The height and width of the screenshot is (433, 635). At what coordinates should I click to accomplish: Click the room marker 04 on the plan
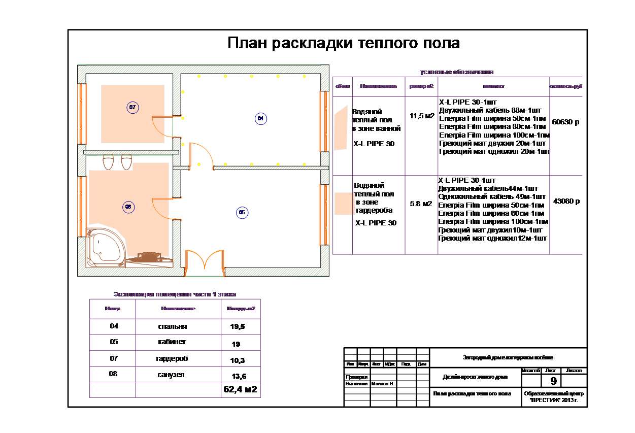(x=260, y=118)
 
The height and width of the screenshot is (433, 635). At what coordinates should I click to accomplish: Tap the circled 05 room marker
(x=242, y=213)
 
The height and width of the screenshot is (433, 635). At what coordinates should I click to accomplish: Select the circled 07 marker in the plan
(x=132, y=108)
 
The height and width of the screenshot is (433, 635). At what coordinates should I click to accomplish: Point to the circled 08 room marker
(x=128, y=207)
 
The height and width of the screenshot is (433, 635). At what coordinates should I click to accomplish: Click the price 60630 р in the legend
(x=565, y=122)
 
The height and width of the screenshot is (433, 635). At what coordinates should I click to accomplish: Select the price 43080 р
(x=566, y=201)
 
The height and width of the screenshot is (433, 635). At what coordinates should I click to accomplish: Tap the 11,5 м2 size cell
(x=422, y=116)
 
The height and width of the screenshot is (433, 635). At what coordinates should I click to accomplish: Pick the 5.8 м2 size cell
(x=421, y=204)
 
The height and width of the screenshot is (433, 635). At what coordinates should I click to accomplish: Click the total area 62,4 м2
(x=241, y=390)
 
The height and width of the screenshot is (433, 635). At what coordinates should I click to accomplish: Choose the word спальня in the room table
(x=173, y=326)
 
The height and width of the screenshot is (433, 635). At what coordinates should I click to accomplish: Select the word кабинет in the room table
(x=172, y=342)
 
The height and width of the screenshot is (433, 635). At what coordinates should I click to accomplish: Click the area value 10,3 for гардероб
(x=238, y=360)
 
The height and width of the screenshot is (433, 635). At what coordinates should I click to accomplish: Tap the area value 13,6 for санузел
(x=238, y=376)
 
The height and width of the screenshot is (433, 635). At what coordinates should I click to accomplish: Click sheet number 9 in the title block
(x=553, y=381)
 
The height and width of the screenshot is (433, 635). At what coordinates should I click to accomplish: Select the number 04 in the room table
(x=114, y=326)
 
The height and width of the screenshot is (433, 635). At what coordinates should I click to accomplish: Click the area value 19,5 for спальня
(x=238, y=327)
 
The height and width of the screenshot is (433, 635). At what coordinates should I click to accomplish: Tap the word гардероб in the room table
(x=172, y=358)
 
